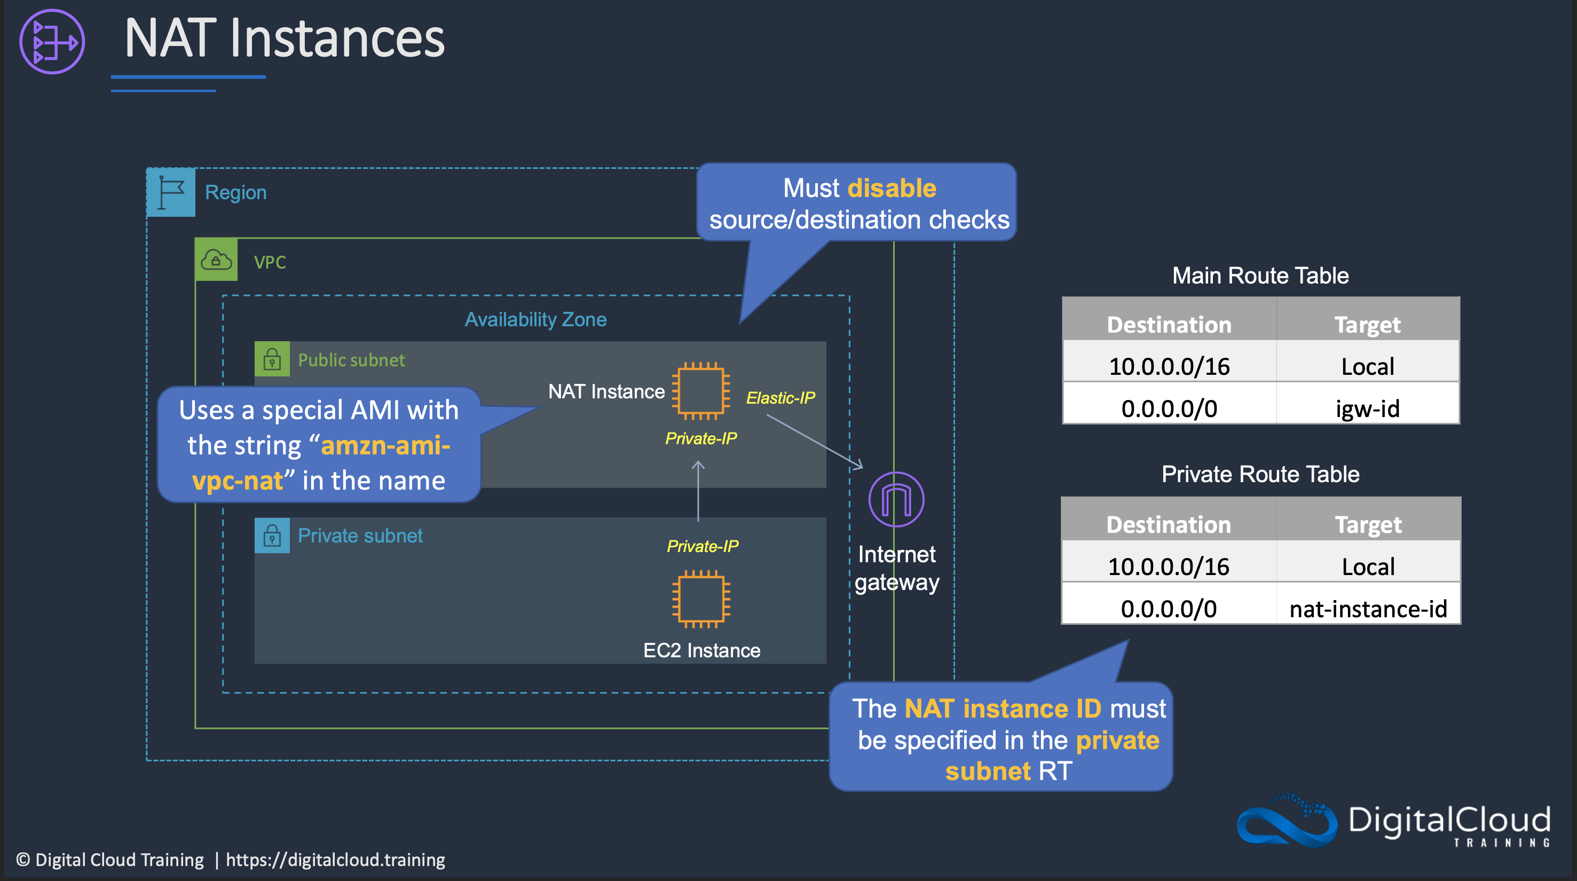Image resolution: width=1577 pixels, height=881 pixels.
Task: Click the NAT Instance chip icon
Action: coord(701,391)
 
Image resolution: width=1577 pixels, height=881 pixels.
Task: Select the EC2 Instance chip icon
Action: coord(701,599)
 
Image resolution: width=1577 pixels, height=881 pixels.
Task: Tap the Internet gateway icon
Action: coord(896,500)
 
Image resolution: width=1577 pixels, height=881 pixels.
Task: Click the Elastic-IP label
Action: coord(780,398)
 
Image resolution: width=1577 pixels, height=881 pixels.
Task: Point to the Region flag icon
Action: coord(171,192)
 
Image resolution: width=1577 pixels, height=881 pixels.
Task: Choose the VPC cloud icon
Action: coord(216,260)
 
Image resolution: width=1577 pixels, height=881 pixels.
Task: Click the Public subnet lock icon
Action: coord(272,359)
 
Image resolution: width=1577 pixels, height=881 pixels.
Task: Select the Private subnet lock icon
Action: coord(272,536)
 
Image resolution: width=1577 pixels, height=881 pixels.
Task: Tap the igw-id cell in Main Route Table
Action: coord(1368,408)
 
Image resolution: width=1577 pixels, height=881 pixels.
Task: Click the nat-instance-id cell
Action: coord(1368,609)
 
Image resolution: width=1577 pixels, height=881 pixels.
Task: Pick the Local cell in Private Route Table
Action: coord(1368,567)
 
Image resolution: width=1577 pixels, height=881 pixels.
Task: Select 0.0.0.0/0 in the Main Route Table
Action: coord(1169,408)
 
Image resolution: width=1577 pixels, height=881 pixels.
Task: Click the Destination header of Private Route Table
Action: coord(1168,525)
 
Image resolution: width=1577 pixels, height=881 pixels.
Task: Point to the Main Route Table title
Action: coord(1260,276)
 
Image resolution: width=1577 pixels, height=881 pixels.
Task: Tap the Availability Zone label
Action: coord(535,320)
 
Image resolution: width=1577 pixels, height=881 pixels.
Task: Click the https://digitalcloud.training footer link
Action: coord(335,860)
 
